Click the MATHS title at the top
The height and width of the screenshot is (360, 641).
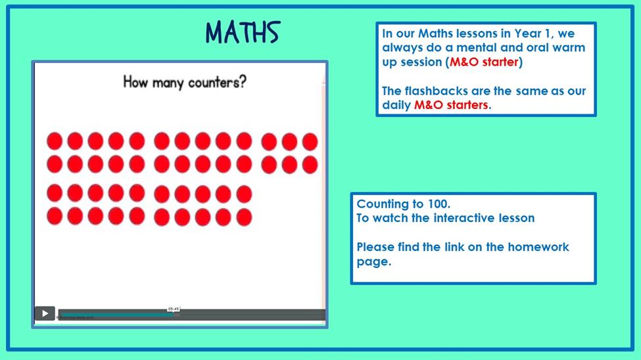pyautogui.click(x=243, y=32)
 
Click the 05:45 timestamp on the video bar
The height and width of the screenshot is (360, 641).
pyautogui.click(x=174, y=309)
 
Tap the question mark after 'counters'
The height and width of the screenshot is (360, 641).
pyautogui.click(x=243, y=81)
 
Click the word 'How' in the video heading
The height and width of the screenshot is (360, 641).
pyautogui.click(x=135, y=81)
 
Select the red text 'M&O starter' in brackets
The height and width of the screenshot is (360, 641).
pyautogui.click(x=484, y=62)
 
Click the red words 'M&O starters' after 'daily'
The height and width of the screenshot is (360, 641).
pyautogui.click(x=451, y=105)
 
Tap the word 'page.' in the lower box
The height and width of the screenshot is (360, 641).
pyautogui.click(x=374, y=262)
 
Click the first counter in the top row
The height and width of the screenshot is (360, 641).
pyautogui.click(x=55, y=141)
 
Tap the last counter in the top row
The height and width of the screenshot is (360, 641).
pyautogui.click(x=310, y=141)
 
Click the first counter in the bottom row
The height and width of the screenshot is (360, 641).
pyautogui.click(x=55, y=216)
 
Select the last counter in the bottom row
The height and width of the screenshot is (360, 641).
pyautogui.click(x=244, y=217)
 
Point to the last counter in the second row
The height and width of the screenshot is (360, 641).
pyautogui.click(x=310, y=165)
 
